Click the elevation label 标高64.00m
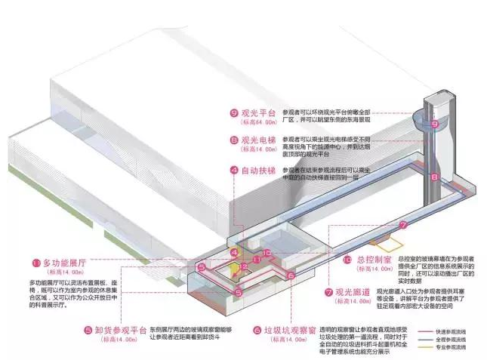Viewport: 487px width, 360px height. [257, 122]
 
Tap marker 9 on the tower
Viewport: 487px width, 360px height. [433, 124]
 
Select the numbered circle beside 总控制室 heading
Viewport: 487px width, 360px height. [347, 259]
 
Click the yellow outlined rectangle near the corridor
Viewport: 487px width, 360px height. [390, 245]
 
